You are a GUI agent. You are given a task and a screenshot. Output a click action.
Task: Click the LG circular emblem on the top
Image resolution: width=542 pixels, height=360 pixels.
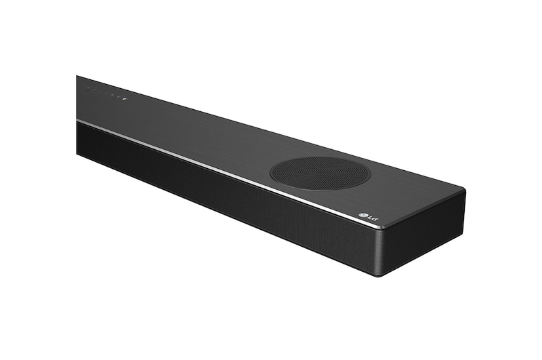(362, 216)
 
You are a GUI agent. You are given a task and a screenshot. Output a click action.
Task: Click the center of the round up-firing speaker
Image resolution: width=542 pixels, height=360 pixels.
(320, 172)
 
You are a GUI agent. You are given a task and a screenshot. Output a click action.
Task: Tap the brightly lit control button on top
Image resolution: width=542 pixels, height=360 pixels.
(123, 98)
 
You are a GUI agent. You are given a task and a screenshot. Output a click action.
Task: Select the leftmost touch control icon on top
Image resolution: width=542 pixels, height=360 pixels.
(88, 89)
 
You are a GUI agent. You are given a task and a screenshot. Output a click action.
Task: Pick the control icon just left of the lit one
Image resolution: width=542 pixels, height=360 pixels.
(117, 96)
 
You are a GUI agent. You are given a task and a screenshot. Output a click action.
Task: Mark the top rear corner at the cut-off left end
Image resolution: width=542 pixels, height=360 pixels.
(77, 76)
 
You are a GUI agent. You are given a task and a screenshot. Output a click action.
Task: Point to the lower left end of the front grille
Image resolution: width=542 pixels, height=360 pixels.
(79, 153)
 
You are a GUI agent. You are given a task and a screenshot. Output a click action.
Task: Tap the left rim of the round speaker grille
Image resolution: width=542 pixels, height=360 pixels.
(271, 172)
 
